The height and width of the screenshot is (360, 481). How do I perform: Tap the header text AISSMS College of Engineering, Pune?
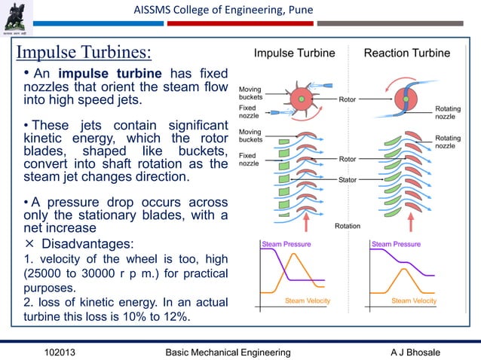point(223,9)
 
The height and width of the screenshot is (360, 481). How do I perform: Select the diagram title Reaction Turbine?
point(406,53)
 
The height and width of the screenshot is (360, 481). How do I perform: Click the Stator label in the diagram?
point(348,180)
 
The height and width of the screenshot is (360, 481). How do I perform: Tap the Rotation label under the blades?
point(348,226)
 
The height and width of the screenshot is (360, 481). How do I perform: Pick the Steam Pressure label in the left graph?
point(286,244)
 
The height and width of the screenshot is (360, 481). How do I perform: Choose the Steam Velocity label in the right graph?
point(414,301)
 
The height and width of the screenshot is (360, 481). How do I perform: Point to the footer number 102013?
point(65,352)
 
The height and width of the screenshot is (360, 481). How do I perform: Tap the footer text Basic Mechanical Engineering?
point(228,352)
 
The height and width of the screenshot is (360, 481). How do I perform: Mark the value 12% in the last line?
point(174,316)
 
